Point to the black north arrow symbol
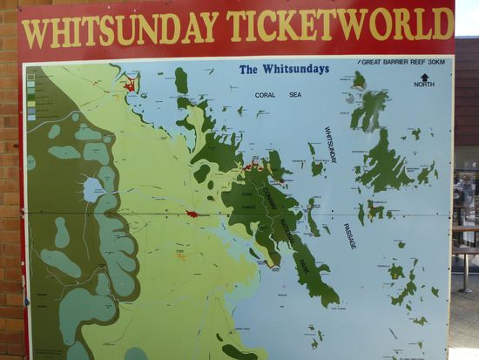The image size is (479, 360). [424, 77]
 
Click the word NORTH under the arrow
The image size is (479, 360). [424, 85]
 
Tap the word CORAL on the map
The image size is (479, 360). [266, 94]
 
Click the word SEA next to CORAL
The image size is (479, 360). [295, 94]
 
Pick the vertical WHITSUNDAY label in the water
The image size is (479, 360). [331, 145]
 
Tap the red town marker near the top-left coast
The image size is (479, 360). [130, 85]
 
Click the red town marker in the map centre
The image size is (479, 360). [192, 214]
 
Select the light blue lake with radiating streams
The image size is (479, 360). [93, 189]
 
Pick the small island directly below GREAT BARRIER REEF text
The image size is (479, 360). [359, 80]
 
